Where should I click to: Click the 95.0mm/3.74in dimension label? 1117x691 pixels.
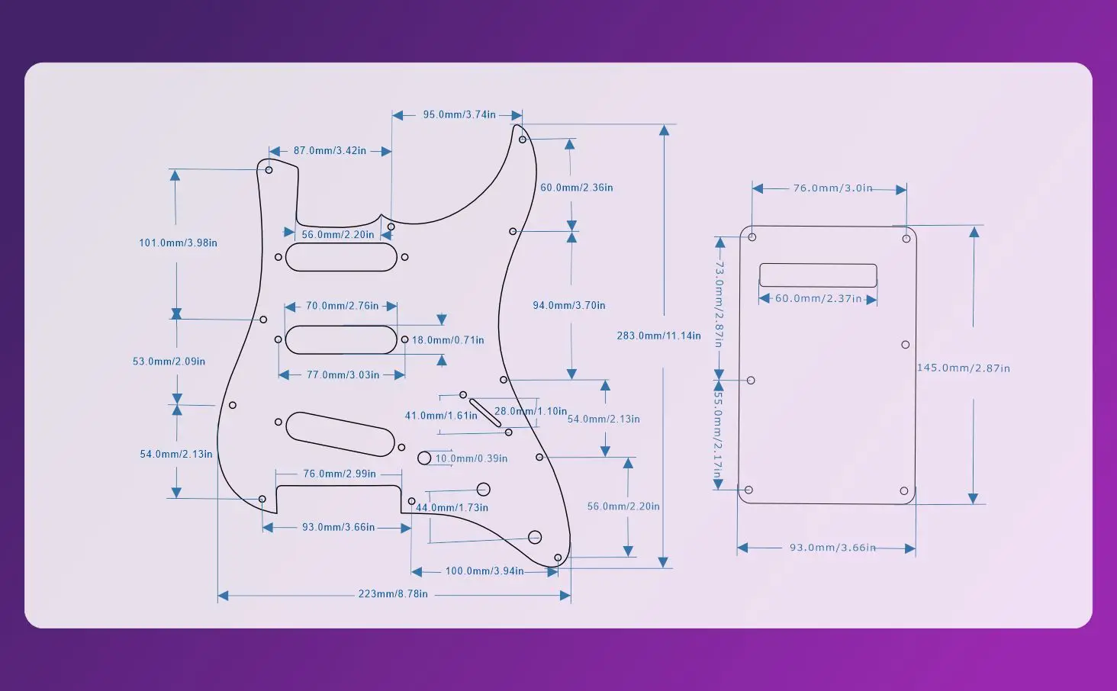click(459, 114)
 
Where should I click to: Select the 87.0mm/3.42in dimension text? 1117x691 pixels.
click(330, 150)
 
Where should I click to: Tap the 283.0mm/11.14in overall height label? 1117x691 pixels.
click(658, 336)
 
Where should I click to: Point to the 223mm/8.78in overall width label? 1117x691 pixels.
click(393, 594)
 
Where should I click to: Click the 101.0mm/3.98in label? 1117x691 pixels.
click(178, 243)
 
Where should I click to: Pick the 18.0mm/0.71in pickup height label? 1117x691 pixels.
click(448, 340)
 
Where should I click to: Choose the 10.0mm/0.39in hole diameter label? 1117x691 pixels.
click(472, 458)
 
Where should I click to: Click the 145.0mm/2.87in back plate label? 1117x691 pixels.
click(964, 368)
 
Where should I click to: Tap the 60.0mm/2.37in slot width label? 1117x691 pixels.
click(819, 298)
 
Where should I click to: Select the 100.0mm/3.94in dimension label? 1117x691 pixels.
click(484, 570)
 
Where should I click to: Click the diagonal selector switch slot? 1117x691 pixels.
click(485, 413)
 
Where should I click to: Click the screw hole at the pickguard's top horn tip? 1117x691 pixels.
click(522, 140)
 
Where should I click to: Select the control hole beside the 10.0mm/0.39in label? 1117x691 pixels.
click(424, 458)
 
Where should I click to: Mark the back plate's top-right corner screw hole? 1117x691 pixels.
click(906, 239)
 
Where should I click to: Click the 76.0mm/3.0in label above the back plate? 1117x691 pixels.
click(832, 188)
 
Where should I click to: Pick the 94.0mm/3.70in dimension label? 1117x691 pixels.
click(569, 305)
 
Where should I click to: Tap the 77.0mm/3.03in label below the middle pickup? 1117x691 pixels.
click(343, 375)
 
